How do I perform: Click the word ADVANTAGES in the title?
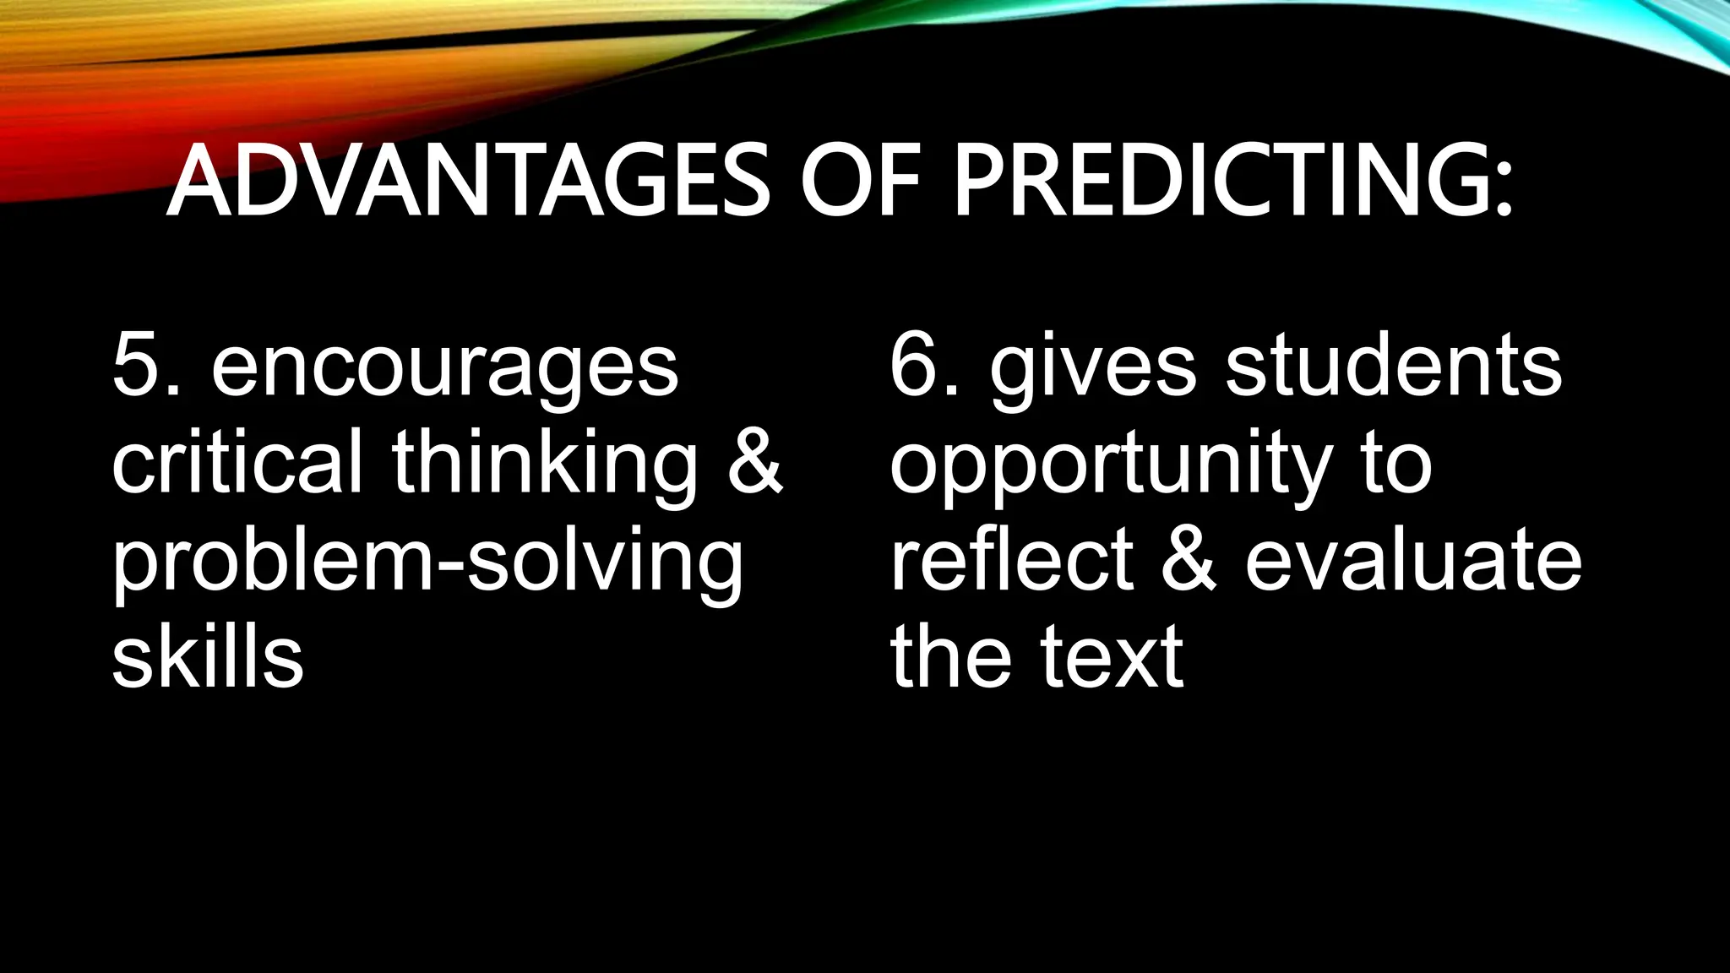tap(468, 181)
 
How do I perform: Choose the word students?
tap(1394, 365)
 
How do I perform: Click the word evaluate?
tap(1413, 559)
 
